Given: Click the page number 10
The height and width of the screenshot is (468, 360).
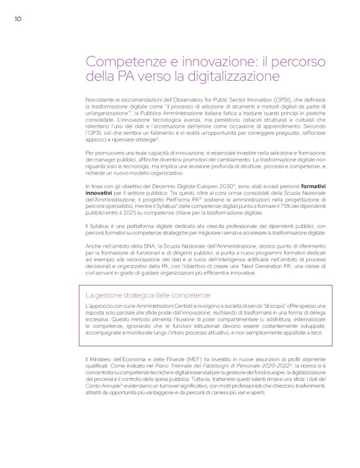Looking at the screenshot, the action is [x=18, y=18].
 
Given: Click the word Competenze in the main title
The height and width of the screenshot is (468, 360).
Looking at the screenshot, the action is [x=123, y=62].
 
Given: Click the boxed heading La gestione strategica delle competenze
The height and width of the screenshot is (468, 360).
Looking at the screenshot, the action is [x=148, y=295].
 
